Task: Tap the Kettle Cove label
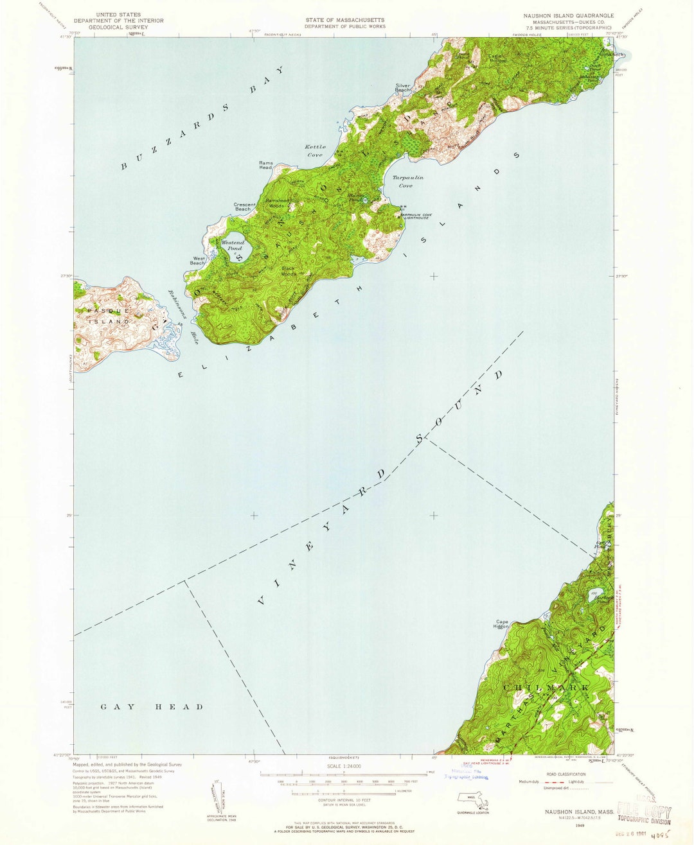[x=315, y=151]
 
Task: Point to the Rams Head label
[x=265, y=165]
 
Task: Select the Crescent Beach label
[x=244, y=207]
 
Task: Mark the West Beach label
[x=198, y=261]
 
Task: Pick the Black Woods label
[x=289, y=271]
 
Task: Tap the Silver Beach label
[x=403, y=88]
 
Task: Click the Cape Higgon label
[x=502, y=623]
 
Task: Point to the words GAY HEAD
[x=152, y=707]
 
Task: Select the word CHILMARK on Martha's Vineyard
[x=546, y=688]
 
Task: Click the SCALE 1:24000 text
[x=344, y=767]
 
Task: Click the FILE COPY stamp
[x=644, y=812]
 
